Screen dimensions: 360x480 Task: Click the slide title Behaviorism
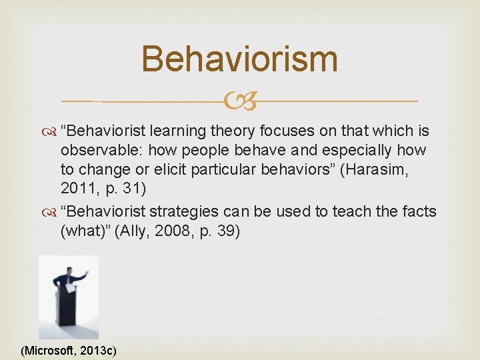tap(239, 59)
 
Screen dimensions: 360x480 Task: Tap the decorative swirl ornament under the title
tap(239, 101)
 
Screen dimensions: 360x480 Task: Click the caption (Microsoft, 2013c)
tap(69, 349)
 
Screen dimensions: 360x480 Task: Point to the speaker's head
tap(70, 270)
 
